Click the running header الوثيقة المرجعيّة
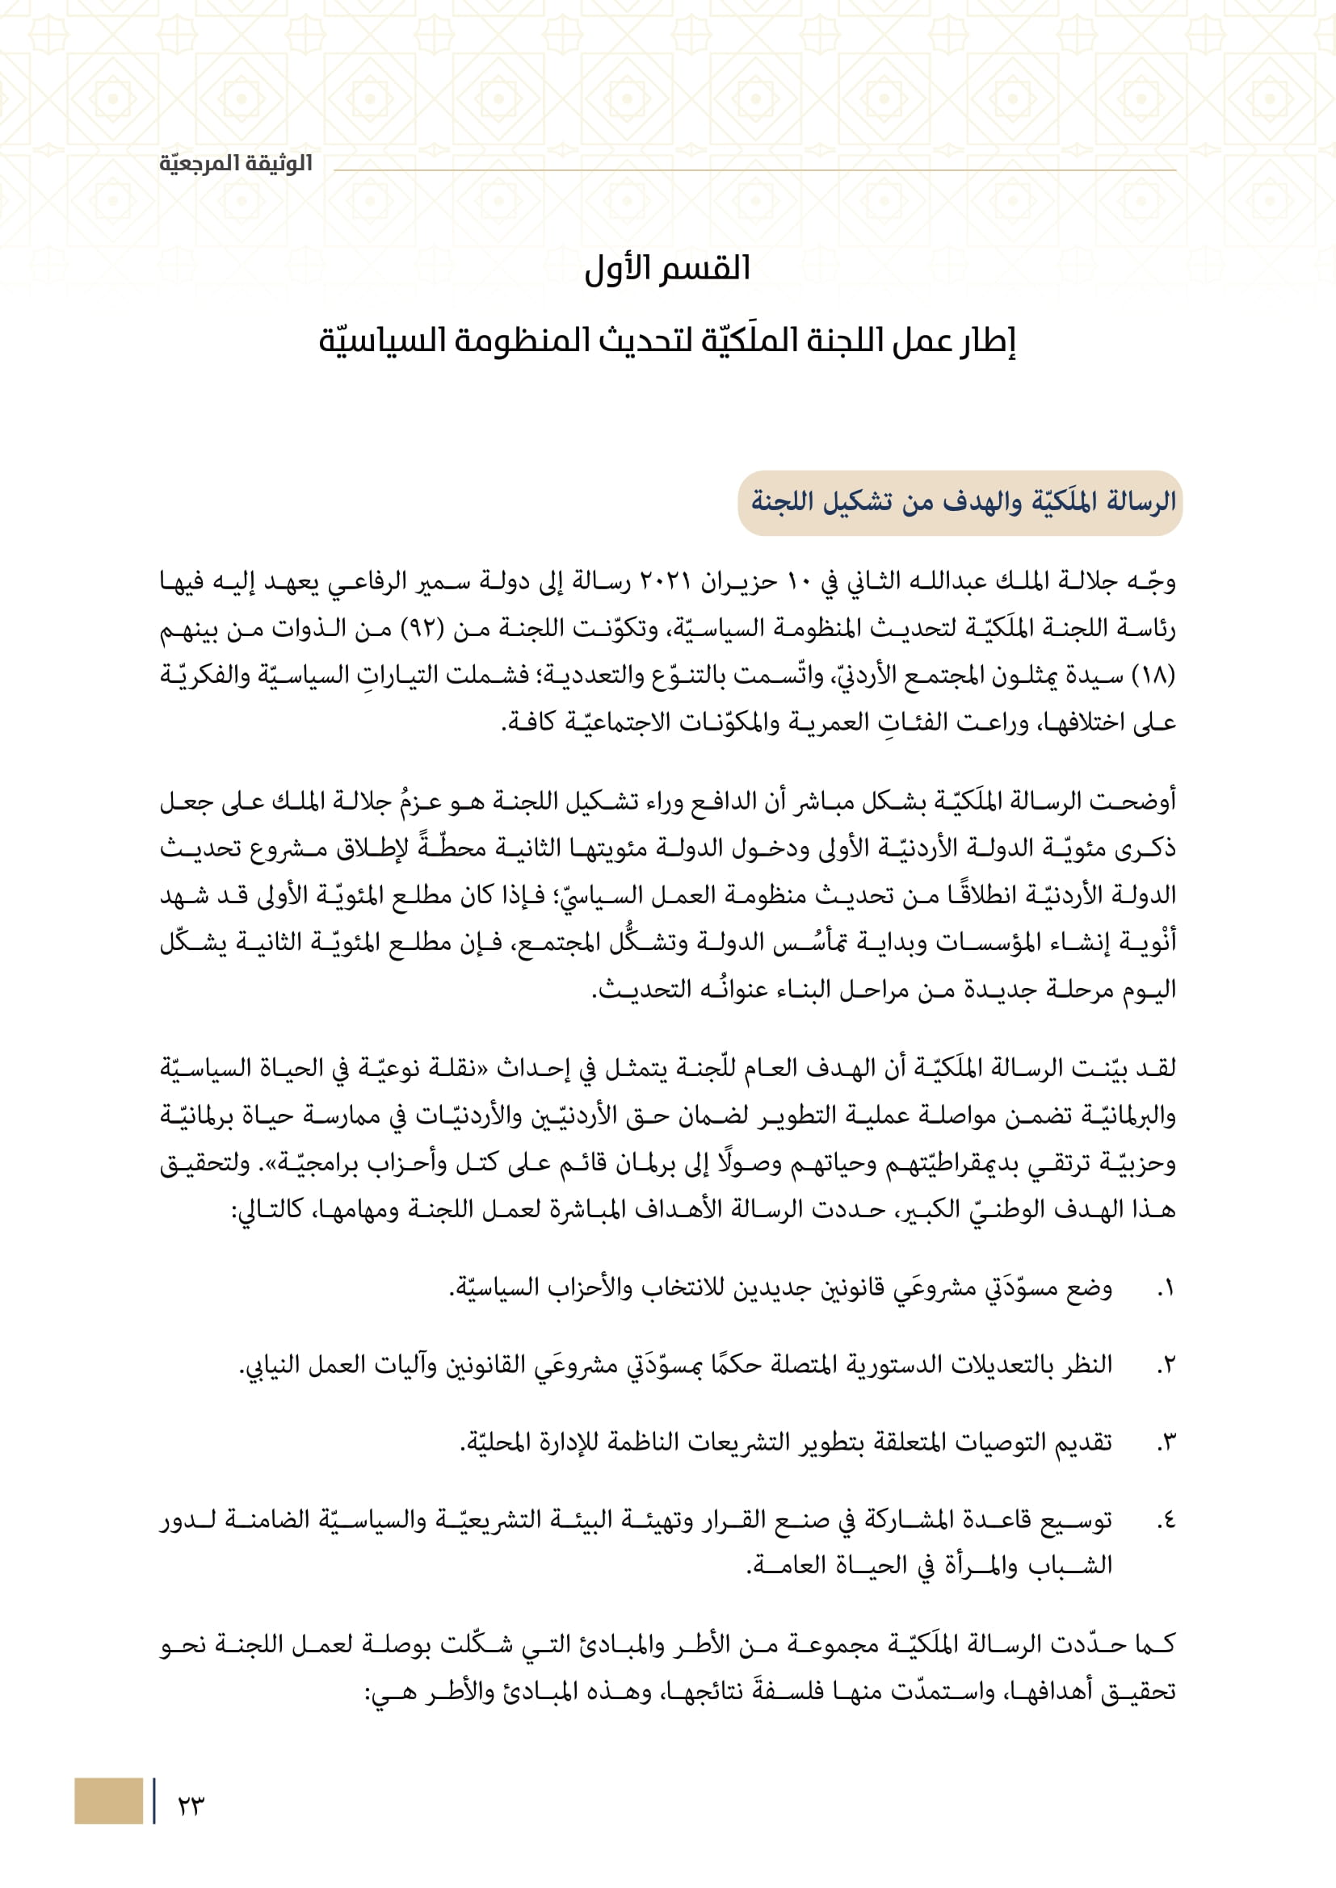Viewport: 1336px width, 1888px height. pyautogui.click(x=236, y=164)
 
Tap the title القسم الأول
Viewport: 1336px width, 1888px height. pyautogui.click(x=667, y=269)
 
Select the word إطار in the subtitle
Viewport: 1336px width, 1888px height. pyautogui.click(x=990, y=341)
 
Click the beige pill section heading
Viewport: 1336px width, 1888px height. pyautogui.click(x=960, y=502)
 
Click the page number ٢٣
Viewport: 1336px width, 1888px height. pyautogui.click(x=190, y=1805)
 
